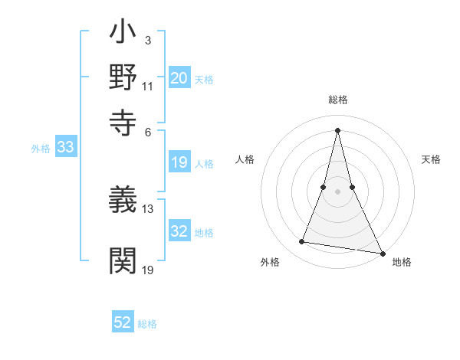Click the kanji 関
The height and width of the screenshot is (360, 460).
point(123,260)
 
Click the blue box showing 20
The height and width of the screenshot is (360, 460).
point(179,78)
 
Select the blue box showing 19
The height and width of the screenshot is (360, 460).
point(179,162)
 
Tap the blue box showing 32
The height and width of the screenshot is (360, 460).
point(179,231)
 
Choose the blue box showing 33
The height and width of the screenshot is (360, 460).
point(65,148)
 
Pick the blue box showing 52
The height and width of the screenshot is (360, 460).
point(123,322)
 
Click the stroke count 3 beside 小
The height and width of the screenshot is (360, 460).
point(148,39)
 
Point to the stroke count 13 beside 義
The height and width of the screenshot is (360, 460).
point(148,208)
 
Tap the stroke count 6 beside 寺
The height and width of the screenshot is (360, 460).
point(148,131)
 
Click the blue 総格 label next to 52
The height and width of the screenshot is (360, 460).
point(148,324)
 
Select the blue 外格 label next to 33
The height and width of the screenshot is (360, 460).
point(41,149)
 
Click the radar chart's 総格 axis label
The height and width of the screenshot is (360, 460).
point(338,100)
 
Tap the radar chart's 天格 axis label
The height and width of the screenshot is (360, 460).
point(431,159)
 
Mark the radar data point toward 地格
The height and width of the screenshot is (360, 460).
point(382,253)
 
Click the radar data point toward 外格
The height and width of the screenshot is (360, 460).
point(302,242)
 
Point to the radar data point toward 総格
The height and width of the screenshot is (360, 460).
point(338,129)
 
